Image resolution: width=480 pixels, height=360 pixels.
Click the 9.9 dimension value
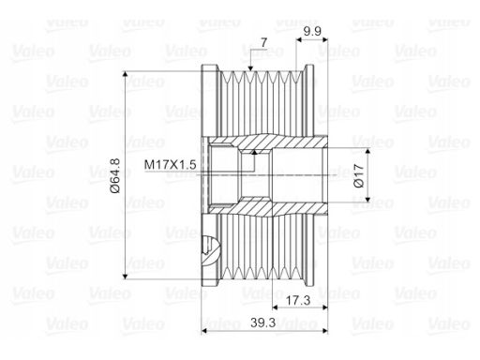pyautogui.click(x=312, y=31)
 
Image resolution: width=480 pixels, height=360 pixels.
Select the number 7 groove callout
pyautogui.click(x=264, y=42)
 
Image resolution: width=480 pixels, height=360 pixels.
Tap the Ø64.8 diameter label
pyautogui.click(x=115, y=175)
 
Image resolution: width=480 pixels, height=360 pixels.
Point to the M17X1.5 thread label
pyautogui.click(x=170, y=164)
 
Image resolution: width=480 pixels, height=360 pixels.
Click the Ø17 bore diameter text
pyautogui.click(x=359, y=175)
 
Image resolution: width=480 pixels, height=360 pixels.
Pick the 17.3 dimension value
pyautogui.click(x=298, y=300)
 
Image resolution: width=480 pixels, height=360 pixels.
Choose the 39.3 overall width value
pyautogui.click(x=262, y=322)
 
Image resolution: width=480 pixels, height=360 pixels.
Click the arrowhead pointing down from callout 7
pyautogui.click(x=250, y=68)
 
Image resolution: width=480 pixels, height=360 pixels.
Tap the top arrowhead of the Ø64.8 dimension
pyautogui.click(x=126, y=74)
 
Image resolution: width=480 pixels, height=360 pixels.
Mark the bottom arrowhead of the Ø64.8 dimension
pyautogui.click(x=126, y=276)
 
